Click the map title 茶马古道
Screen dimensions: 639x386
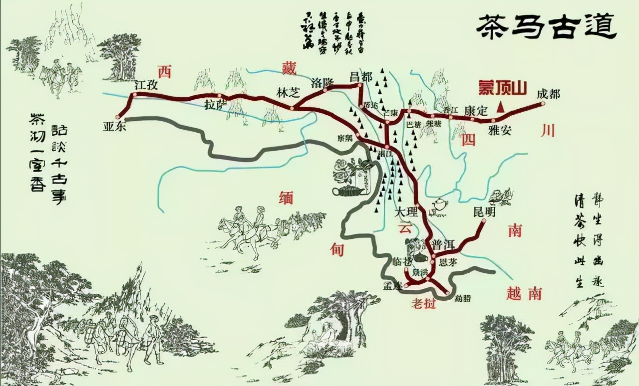(547, 26)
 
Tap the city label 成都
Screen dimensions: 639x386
(549, 94)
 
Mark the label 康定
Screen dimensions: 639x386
(475, 111)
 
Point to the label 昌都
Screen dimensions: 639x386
(360, 77)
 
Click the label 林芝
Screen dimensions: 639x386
(287, 92)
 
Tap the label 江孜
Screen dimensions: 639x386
(146, 85)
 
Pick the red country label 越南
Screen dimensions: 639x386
(523, 294)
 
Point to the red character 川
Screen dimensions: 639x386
(548, 131)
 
